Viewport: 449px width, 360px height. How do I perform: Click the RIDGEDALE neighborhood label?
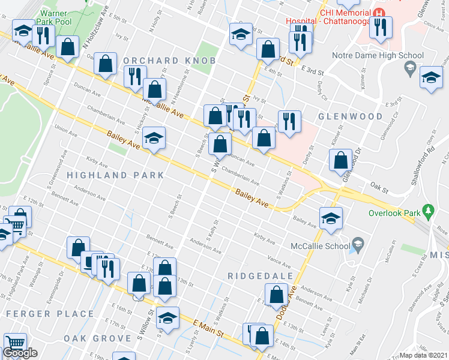pyautogui.click(x=261, y=276)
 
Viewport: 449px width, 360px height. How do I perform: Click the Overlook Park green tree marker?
pyautogui.click(x=428, y=211)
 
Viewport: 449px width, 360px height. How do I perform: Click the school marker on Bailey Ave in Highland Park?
pyautogui.click(x=154, y=139)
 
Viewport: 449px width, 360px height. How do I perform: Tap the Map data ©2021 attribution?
pyautogui.click(x=424, y=355)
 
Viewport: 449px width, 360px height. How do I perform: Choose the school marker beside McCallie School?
pyautogui.click(x=331, y=219)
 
